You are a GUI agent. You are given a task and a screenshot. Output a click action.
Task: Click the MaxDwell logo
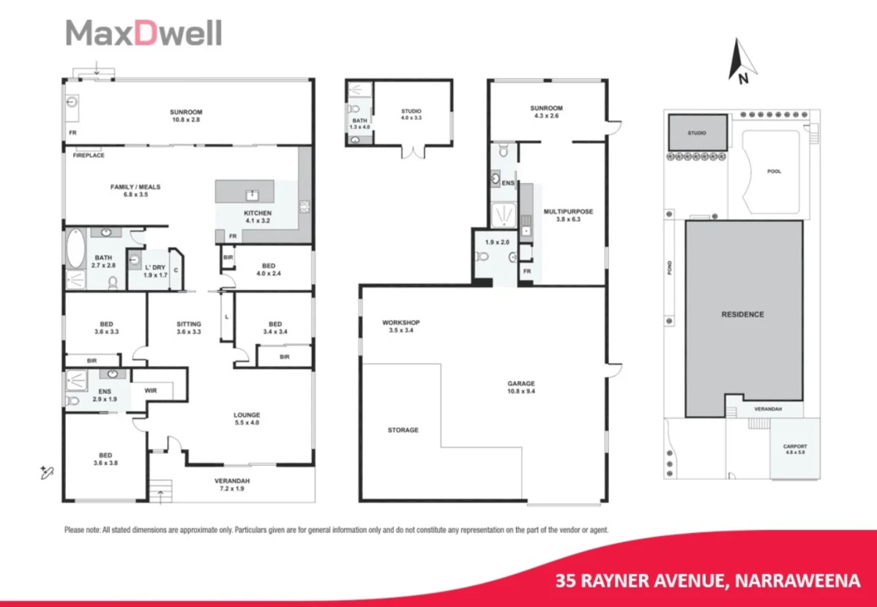[x=143, y=34]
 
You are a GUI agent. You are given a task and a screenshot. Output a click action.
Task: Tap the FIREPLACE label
[x=88, y=155]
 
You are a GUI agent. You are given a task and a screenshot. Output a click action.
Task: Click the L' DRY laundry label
[x=155, y=271]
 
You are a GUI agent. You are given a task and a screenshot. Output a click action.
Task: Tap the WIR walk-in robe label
[x=152, y=391]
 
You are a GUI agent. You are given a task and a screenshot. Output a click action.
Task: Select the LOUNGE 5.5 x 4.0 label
[x=247, y=419]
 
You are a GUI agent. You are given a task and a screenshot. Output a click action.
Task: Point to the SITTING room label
[x=188, y=327]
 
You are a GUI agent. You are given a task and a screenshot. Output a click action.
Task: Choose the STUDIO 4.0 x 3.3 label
[x=411, y=114]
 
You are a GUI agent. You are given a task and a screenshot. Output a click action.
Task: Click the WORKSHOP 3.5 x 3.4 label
[x=400, y=327]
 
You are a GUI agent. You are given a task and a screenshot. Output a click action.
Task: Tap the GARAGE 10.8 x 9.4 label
[x=521, y=387]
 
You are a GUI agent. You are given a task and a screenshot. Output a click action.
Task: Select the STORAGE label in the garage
[x=403, y=430]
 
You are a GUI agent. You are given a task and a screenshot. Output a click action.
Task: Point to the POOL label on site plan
[x=774, y=171]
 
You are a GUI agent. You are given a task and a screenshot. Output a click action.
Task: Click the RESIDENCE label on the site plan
[x=743, y=315]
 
